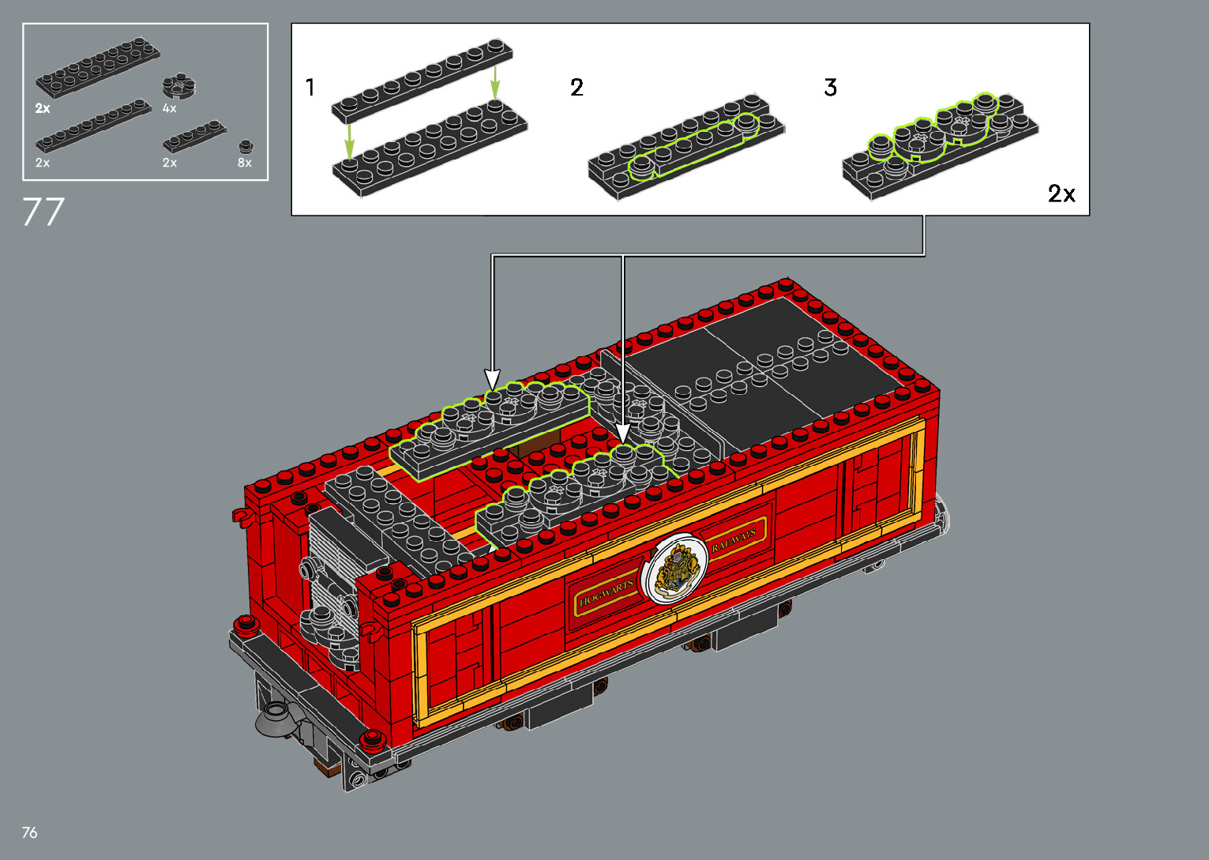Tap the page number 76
[x=30, y=832]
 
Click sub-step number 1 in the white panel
[x=310, y=87]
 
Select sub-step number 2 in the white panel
[x=576, y=87]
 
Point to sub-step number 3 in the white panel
[x=831, y=87]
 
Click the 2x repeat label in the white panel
[x=1061, y=193]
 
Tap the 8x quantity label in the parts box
[x=245, y=163]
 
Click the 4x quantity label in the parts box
[x=170, y=108]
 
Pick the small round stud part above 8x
[x=246, y=147]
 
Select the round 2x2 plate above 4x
[x=179, y=86]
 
